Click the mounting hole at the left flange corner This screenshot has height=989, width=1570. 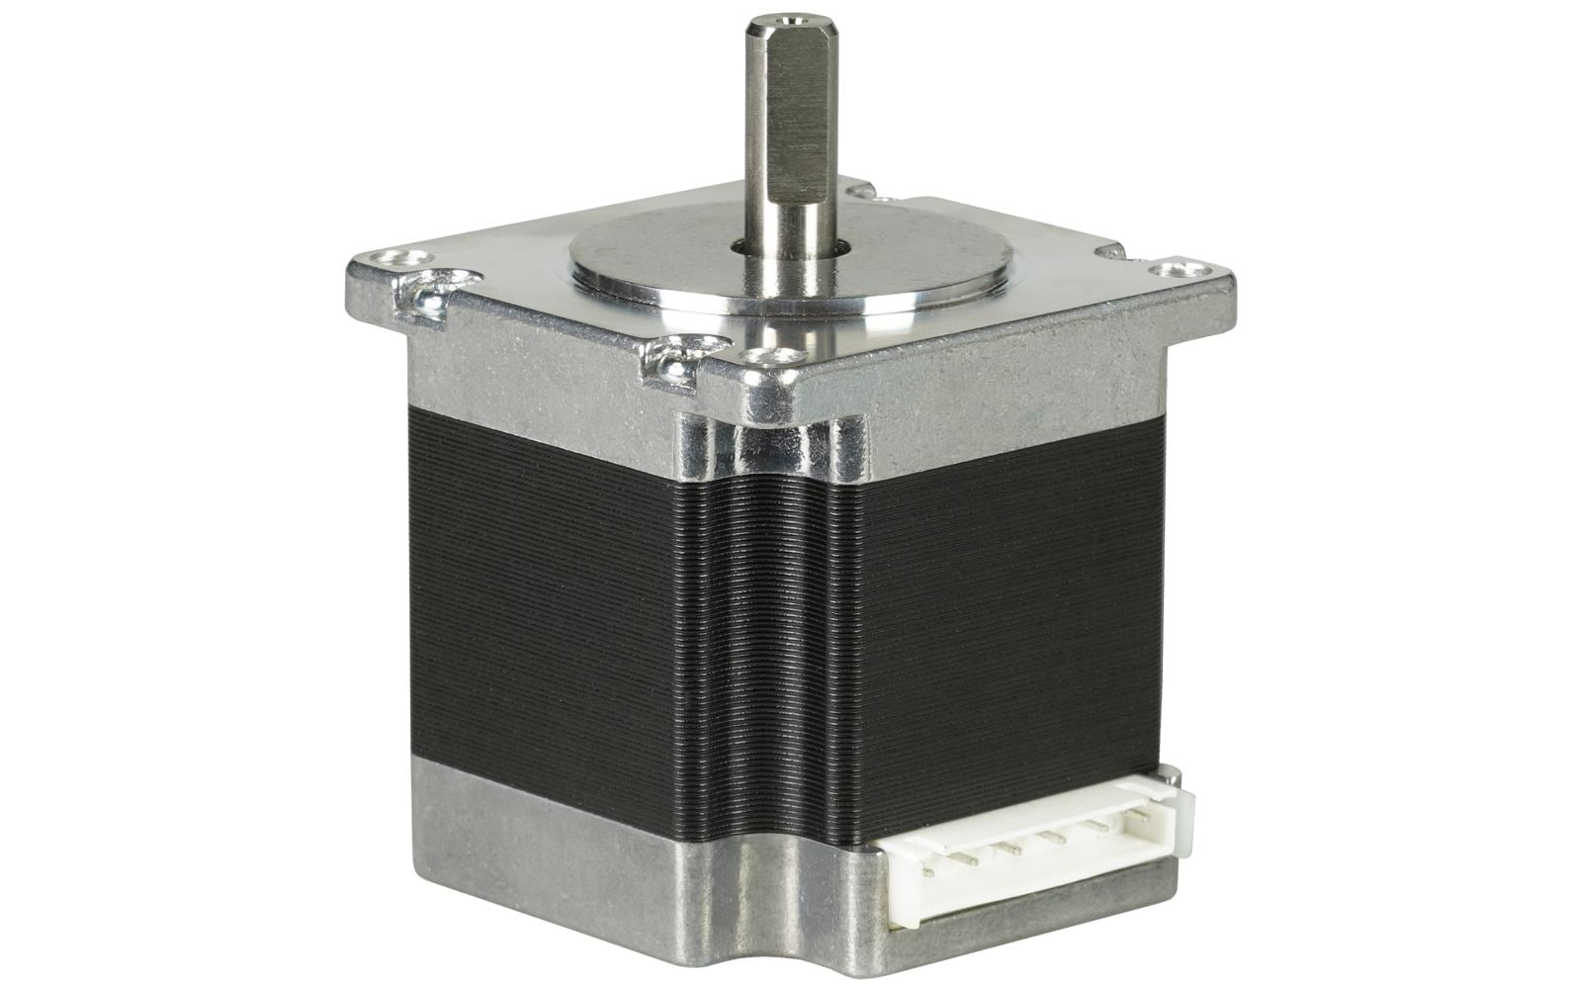tap(387, 259)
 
